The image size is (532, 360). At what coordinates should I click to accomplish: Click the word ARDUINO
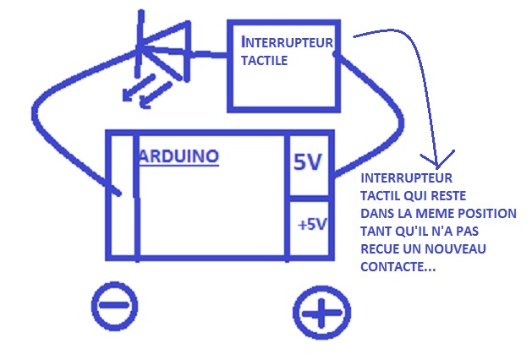(179, 157)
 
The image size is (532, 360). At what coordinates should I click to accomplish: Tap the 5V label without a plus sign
(308, 163)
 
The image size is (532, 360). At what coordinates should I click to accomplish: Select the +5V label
(311, 225)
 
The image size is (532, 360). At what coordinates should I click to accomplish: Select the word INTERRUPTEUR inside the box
(288, 41)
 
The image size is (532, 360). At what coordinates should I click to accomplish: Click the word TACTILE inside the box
(265, 61)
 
